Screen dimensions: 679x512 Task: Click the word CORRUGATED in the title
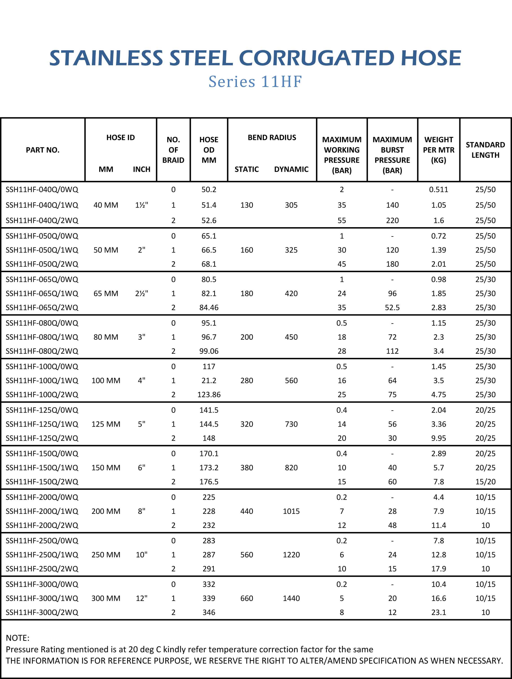(316, 58)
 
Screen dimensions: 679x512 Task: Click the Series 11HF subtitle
(255, 82)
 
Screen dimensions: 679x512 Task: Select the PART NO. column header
(43, 150)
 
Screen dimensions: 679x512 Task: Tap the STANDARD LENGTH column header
(485, 150)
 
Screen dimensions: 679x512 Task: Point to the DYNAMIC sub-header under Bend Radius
(291, 169)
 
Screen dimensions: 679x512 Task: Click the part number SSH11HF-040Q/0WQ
(42, 189)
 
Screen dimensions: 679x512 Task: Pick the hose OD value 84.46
(209, 307)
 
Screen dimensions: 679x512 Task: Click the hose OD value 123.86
(209, 395)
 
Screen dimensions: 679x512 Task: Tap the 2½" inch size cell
(141, 293)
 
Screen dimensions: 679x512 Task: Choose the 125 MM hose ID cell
(106, 424)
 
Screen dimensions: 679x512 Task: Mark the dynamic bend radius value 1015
(291, 511)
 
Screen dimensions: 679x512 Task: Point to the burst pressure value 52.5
(392, 307)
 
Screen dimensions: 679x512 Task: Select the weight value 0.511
(439, 189)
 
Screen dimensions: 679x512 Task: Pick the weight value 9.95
(439, 438)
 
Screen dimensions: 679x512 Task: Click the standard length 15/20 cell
(485, 482)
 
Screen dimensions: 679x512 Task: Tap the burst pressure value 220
(392, 220)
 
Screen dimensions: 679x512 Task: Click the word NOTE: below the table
(18, 638)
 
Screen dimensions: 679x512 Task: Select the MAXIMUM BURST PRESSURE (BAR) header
(392, 155)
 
